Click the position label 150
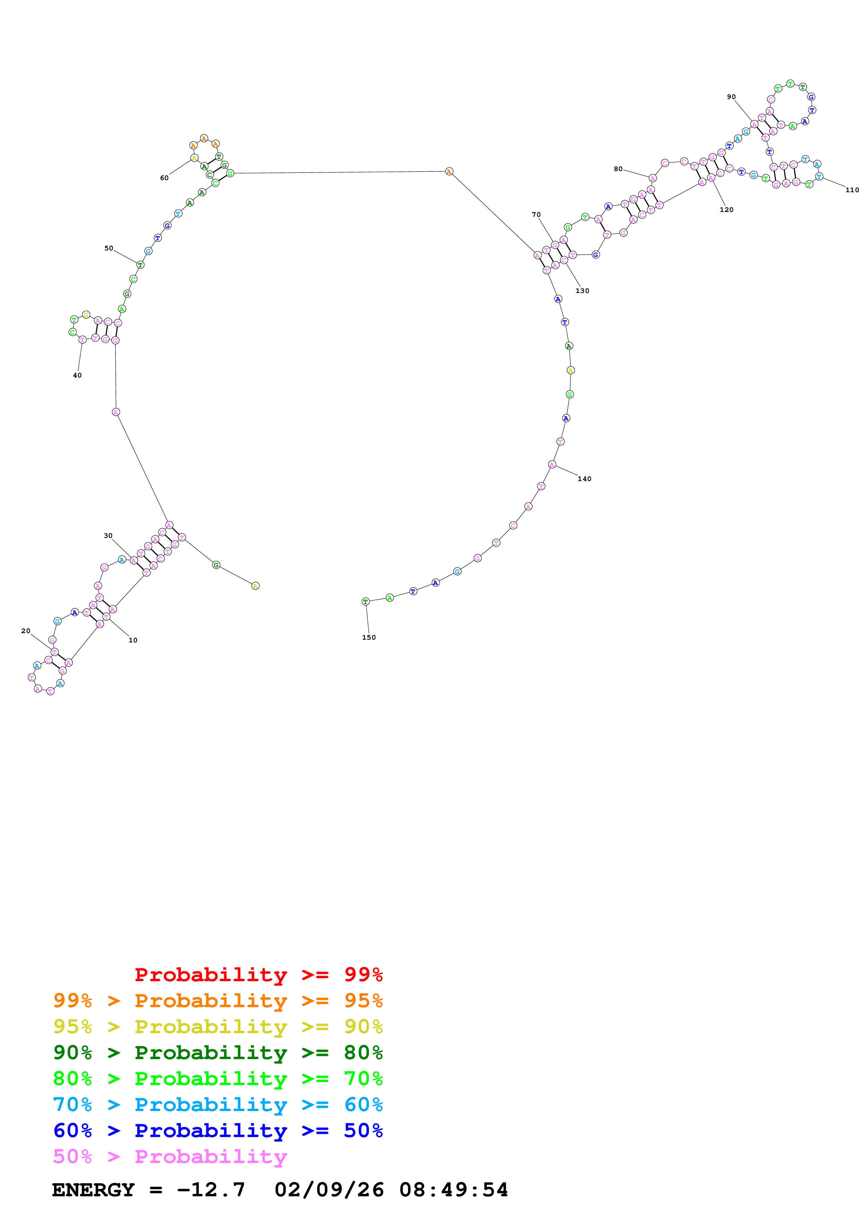pyautogui.click(x=369, y=638)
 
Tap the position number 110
pyautogui.click(x=852, y=190)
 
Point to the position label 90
pyautogui.click(x=731, y=97)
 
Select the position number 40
pyautogui.click(x=77, y=375)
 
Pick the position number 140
pyautogui.click(x=584, y=479)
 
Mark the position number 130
pyautogui.click(x=582, y=291)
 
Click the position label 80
pyautogui.click(x=617, y=169)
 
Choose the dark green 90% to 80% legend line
pyautogui.click(x=218, y=1053)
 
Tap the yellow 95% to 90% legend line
pyautogui.click(x=218, y=1027)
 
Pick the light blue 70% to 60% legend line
pyautogui.click(x=218, y=1105)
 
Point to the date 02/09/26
pyautogui.click(x=329, y=1190)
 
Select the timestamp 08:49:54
pyautogui.click(x=454, y=1190)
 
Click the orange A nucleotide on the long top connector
pyautogui.click(x=449, y=171)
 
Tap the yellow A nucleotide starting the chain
pyautogui.click(x=255, y=586)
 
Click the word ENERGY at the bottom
pyautogui.click(x=93, y=1190)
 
